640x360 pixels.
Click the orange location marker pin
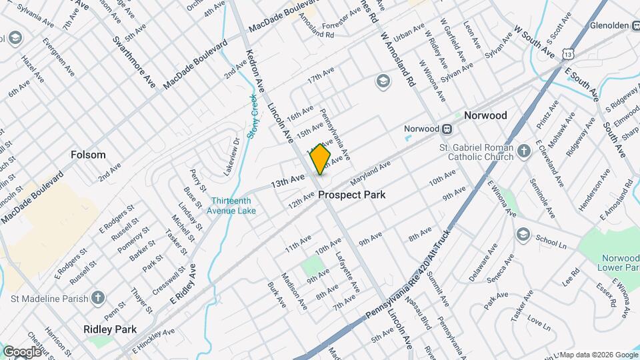321,159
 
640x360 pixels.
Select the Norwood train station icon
449,129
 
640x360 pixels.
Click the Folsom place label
88,155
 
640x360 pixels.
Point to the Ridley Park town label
110,329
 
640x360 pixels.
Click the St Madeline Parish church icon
98,298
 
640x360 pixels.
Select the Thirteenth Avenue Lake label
233,206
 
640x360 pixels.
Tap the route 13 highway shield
567,53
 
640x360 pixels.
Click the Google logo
21,351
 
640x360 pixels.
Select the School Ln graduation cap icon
523,235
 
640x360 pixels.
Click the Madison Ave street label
293,290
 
